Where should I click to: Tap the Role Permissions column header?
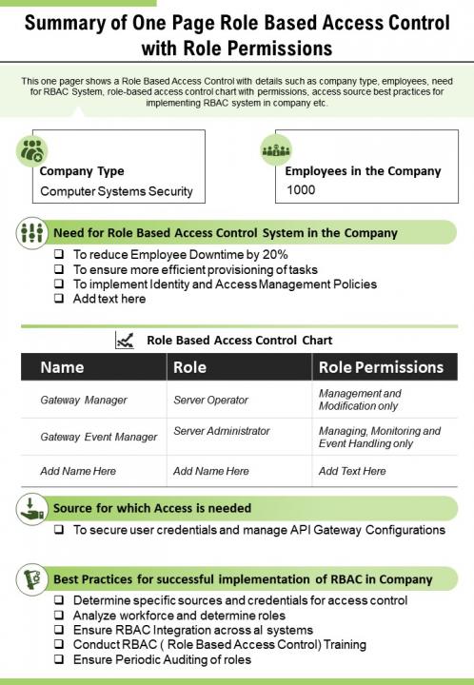point(381,367)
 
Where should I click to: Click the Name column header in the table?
point(62,367)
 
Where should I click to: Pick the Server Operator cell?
point(210,401)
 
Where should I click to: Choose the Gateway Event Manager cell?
point(99,437)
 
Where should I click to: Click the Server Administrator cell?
point(222,431)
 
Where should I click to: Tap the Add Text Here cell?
point(352,471)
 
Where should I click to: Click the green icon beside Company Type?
point(32,150)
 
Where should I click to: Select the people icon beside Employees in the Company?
point(276,150)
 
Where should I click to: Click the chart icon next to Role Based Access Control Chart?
point(124,340)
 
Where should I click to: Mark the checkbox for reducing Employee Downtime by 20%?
point(60,255)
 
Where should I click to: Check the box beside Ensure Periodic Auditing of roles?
point(60,659)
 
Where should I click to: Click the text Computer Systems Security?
point(116,191)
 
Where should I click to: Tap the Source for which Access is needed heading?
point(152,508)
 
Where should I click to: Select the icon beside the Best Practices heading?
point(32,577)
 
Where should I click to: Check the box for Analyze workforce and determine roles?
point(60,616)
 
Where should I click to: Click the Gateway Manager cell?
point(84,401)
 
